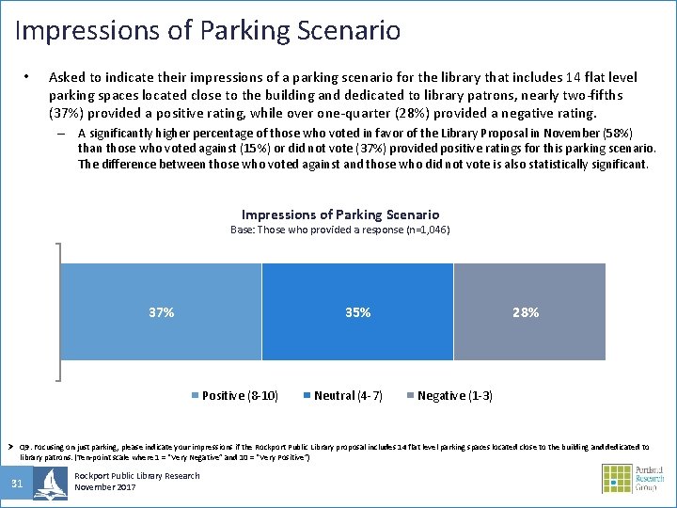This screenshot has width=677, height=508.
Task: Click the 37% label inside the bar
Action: pyautogui.click(x=161, y=312)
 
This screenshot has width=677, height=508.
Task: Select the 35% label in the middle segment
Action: pyautogui.click(x=357, y=312)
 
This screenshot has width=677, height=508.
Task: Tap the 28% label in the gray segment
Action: pyautogui.click(x=526, y=312)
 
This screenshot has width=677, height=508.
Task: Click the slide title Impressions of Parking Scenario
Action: pyautogui.click(x=208, y=30)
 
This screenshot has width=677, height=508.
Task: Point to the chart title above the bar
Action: pyautogui.click(x=339, y=214)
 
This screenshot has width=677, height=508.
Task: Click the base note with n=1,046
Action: pyautogui.click(x=339, y=230)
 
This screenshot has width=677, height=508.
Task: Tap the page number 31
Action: pyautogui.click(x=17, y=484)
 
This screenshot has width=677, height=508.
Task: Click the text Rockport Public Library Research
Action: pyautogui.click(x=136, y=476)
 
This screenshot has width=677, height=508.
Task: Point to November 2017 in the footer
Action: pyautogui.click(x=104, y=487)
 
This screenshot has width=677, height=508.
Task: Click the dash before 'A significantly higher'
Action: pyautogui.click(x=63, y=134)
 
